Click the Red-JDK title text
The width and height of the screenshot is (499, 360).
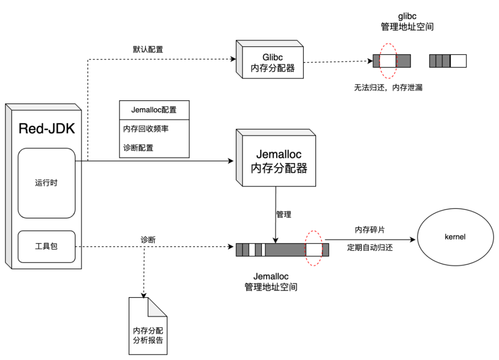click(x=47, y=128)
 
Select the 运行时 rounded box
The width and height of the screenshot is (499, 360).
click(x=47, y=183)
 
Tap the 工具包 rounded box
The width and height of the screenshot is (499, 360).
click(x=47, y=246)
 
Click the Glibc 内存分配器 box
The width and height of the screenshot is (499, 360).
click(x=269, y=59)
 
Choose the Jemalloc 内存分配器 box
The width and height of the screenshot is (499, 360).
click(x=276, y=158)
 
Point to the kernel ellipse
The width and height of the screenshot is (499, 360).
click(x=456, y=237)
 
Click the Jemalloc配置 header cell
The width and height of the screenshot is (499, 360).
click(x=154, y=110)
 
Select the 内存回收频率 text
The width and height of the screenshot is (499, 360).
click(x=146, y=128)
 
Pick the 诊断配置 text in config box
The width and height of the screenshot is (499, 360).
click(x=138, y=148)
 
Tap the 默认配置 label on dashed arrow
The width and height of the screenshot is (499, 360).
click(x=148, y=49)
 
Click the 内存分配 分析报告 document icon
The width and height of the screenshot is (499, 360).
click(x=148, y=326)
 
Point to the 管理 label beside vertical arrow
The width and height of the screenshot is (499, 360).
click(x=284, y=214)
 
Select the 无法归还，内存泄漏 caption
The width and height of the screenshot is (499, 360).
click(x=388, y=87)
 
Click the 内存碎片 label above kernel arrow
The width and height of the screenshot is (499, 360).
click(x=370, y=230)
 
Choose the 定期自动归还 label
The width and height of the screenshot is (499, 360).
click(x=370, y=248)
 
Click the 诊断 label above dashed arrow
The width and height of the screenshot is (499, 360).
click(x=148, y=240)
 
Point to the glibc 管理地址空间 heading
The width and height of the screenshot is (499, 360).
click(x=408, y=22)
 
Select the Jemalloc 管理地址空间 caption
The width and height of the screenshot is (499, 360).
click(x=271, y=282)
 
